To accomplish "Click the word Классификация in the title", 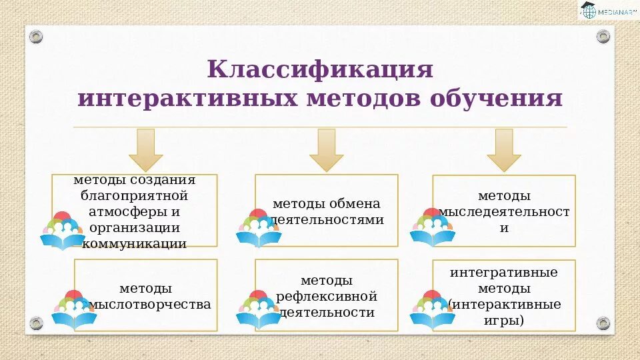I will point(320,69).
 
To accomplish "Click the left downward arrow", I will point(145,150).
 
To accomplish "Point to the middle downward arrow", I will point(326,150).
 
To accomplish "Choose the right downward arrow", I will point(503,150).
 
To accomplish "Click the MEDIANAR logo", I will point(607,11).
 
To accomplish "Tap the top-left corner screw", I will point(36,36).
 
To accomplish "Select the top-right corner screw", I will point(603,36).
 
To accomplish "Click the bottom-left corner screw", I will point(36,323).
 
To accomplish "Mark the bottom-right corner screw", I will point(603,323).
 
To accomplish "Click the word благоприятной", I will point(134,196).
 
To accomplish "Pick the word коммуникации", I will point(134,243).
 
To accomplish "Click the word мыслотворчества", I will point(150,305).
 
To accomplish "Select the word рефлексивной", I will point(327,296).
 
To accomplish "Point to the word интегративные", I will point(504,273).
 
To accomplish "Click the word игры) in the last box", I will point(504,321).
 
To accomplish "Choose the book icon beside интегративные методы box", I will point(431,311).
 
